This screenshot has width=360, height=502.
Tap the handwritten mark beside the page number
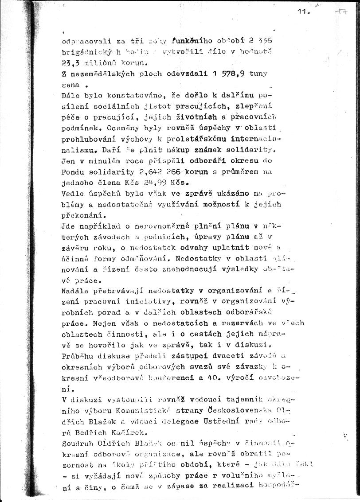pyautogui.click(x=341, y=12)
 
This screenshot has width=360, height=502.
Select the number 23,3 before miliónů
pyautogui.click(x=70, y=62)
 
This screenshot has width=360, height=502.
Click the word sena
pyautogui.click(x=70, y=84)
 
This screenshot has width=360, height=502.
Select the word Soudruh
pyautogui.click(x=77, y=440)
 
